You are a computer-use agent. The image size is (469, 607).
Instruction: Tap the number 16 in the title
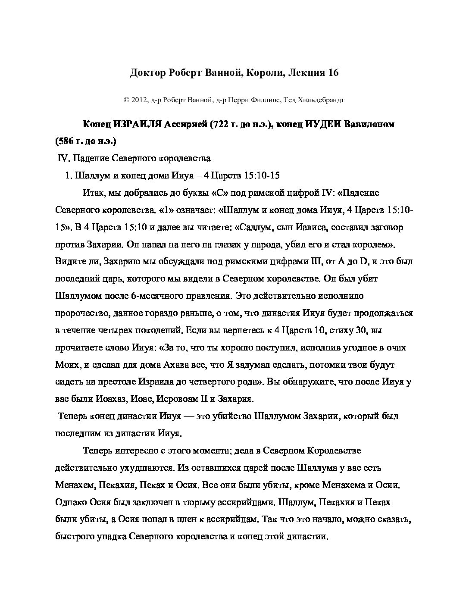[333, 72]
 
